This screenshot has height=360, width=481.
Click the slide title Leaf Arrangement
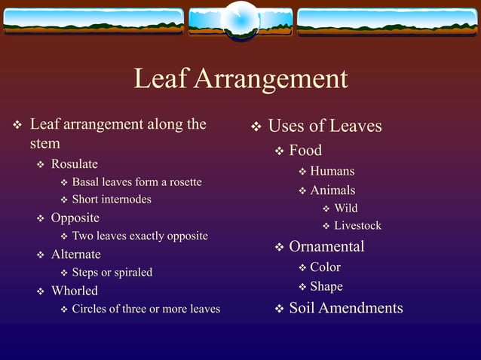point(240,79)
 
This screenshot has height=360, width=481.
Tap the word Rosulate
point(74,164)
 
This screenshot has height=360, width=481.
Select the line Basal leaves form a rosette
point(136,182)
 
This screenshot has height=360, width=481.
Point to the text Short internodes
point(112,200)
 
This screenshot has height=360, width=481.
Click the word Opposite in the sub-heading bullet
point(75,218)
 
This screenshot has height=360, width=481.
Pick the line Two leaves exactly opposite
point(139,236)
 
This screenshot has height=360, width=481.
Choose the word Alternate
point(75,255)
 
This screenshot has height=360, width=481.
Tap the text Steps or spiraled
point(112,273)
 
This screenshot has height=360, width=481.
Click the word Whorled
point(74,291)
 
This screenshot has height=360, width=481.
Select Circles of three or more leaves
point(146,309)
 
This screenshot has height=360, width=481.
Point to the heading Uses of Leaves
point(325,126)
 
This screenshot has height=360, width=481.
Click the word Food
point(305,151)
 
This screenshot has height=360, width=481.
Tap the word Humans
point(332,171)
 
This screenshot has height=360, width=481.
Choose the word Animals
point(332,191)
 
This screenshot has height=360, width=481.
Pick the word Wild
point(346,209)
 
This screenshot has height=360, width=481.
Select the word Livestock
point(357,226)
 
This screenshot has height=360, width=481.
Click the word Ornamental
point(326,246)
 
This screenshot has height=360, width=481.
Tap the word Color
point(325,267)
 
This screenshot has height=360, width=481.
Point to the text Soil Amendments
point(346,308)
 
